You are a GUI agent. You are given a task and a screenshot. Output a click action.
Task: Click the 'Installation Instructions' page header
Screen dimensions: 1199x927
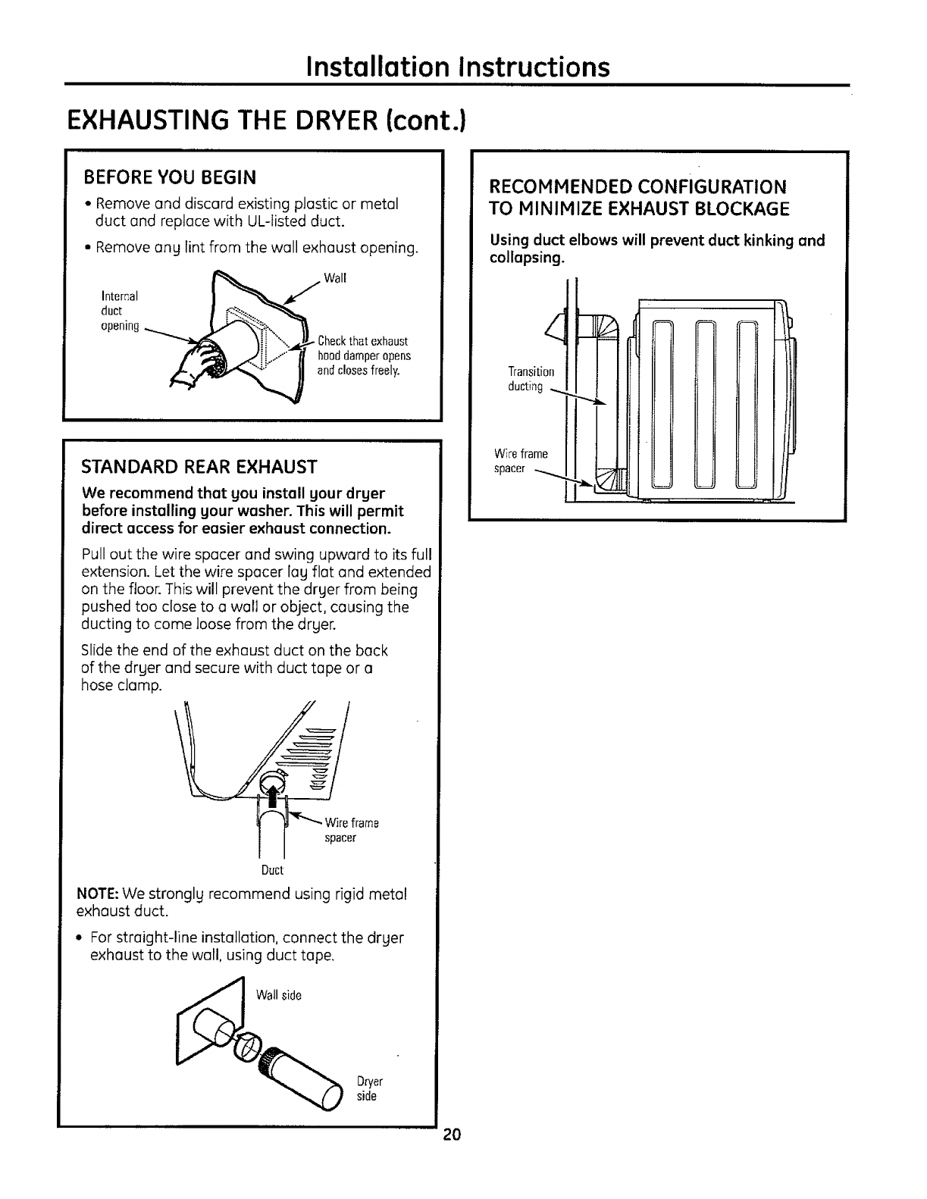tap(456, 67)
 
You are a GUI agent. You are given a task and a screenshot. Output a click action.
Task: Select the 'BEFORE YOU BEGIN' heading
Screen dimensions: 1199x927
tap(170, 177)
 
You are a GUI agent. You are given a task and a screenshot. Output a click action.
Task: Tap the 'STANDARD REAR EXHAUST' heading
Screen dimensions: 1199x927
tap(199, 465)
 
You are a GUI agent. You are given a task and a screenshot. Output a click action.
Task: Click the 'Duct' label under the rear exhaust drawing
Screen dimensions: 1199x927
tap(272, 869)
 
